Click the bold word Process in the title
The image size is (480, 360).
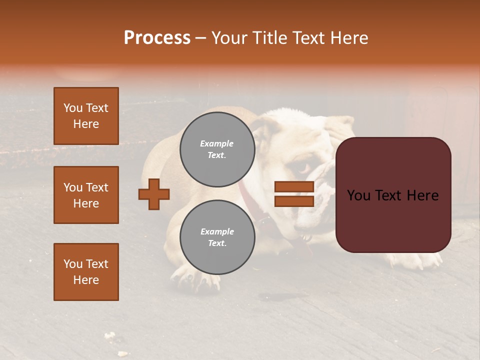point(157,38)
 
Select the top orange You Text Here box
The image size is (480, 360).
point(86,116)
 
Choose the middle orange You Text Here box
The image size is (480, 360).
point(86,195)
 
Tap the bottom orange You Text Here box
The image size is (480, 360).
point(86,272)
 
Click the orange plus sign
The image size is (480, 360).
point(154,194)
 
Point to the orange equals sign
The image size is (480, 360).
point(294,194)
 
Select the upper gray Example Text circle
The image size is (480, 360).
point(217,149)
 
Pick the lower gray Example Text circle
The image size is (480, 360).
point(217,237)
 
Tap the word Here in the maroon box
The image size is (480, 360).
point(422,195)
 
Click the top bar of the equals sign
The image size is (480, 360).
point(294,186)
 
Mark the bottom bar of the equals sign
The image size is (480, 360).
point(294,201)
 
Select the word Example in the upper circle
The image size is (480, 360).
point(216,143)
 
